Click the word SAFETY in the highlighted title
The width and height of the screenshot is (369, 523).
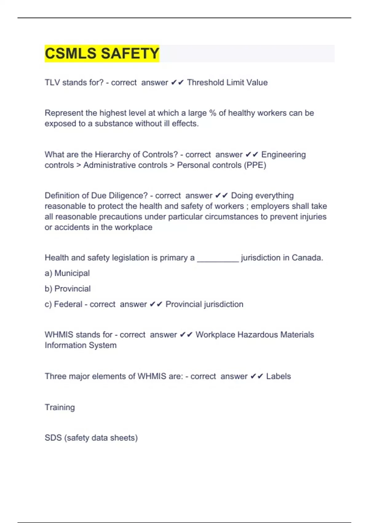coord(130,54)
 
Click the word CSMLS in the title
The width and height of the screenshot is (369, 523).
coord(71,54)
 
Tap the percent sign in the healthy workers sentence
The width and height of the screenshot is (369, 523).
coord(212,113)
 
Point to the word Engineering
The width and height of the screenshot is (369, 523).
coord(283,154)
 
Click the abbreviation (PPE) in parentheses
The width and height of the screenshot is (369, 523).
coord(255,165)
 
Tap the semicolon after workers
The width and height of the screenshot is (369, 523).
coord(247,206)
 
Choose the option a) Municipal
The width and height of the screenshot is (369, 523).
coord(67,273)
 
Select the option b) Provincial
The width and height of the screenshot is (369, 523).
coord(68,289)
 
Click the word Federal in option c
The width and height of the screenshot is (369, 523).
coord(68,304)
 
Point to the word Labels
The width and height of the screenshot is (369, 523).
coord(278,376)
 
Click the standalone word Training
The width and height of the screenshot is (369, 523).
coord(60,407)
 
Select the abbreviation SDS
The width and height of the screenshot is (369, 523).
coord(53,438)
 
